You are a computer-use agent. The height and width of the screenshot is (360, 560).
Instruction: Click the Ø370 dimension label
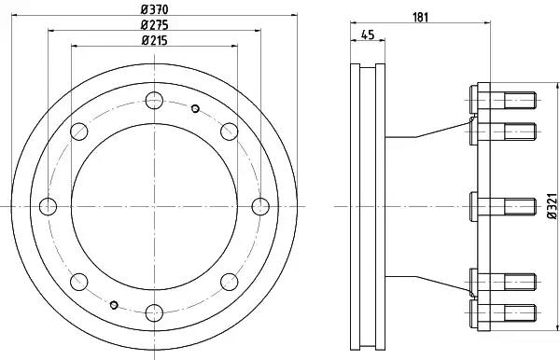[154, 9]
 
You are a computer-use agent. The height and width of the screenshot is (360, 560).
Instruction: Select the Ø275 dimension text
[154, 25]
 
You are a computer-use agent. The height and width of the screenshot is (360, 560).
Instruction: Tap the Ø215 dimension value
[154, 40]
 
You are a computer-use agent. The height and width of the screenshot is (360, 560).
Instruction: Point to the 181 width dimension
[420, 17]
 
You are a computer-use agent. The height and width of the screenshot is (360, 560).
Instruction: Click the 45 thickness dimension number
[368, 35]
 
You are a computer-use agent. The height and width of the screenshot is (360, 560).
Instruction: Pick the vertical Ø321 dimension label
[553, 206]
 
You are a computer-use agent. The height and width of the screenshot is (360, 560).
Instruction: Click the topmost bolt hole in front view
[154, 100]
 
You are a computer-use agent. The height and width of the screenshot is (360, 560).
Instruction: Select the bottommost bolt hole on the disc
[154, 313]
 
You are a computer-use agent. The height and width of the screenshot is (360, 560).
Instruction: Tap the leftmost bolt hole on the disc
[48, 207]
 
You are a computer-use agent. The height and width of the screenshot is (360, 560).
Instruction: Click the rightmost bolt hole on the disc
[260, 207]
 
